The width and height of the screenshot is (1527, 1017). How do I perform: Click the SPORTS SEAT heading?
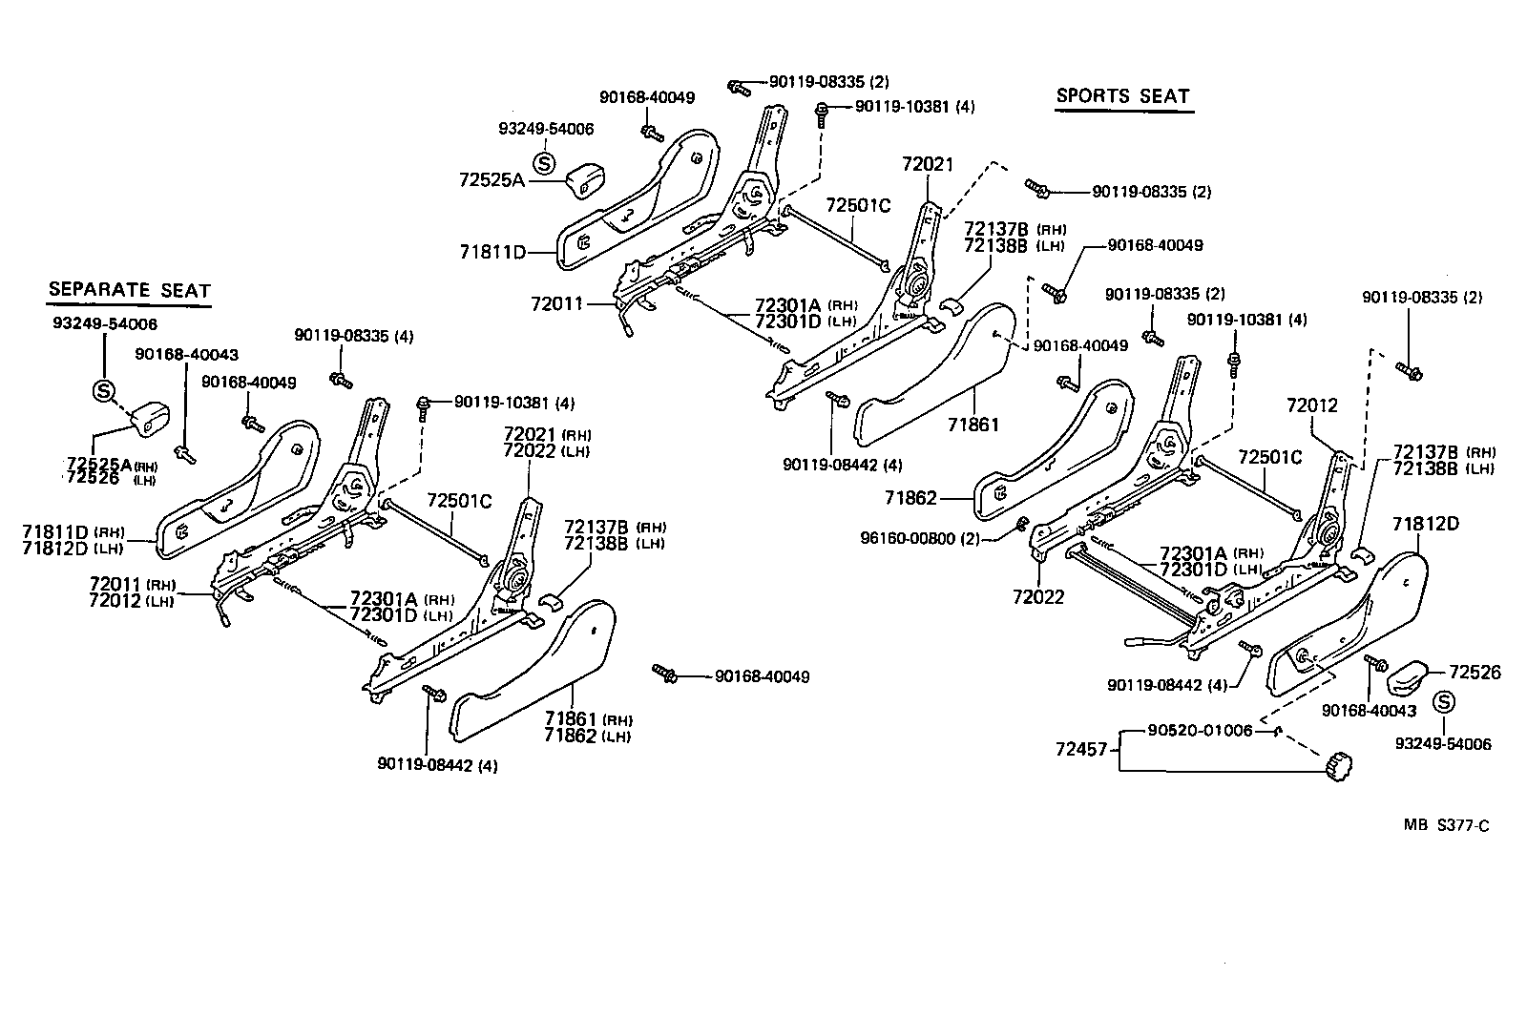click(1122, 96)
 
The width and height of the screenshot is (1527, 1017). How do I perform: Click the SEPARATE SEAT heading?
click(129, 290)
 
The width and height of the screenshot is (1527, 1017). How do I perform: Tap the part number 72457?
click(1082, 750)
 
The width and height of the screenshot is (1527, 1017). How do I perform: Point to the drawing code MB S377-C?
click(1445, 825)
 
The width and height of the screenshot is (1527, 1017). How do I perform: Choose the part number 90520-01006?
click(1200, 731)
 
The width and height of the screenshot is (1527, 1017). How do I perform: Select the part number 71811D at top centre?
click(492, 252)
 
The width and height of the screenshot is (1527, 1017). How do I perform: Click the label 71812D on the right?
click(1425, 524)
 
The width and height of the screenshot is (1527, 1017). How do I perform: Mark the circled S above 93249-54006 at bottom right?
click(1444, 703)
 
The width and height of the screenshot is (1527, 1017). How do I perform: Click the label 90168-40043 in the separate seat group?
click(186, 354)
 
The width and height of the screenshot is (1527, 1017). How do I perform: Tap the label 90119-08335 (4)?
click(354, 336)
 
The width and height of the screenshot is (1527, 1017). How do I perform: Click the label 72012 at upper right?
click(1311, 405)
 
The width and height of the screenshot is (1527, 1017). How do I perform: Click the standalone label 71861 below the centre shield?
click(973, 424)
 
